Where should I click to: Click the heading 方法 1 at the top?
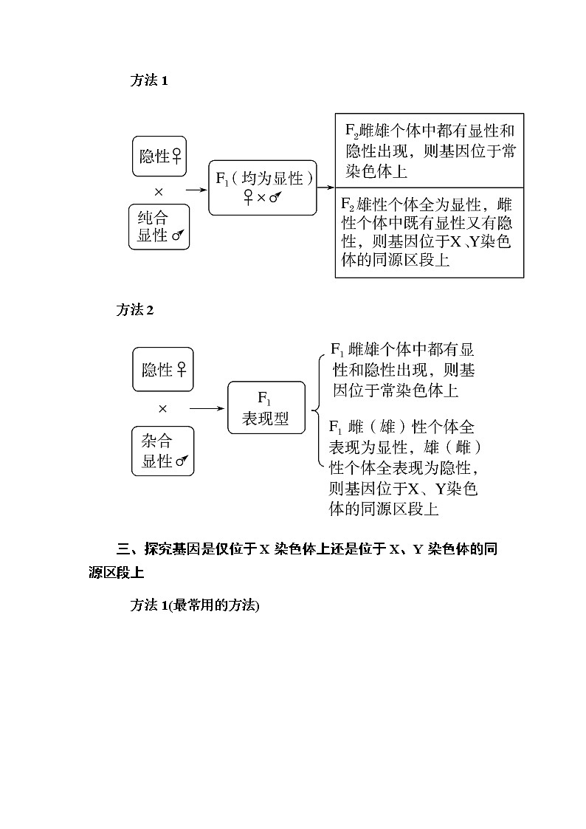coord(149,81)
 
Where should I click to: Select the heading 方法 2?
coord(135,310)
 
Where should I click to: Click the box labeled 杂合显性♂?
coord(163,451)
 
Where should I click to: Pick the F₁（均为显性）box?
coord(262,188)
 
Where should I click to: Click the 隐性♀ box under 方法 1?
coord(159,156)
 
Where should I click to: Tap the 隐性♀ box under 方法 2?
coord(163,369)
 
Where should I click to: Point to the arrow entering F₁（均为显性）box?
coord(196,190)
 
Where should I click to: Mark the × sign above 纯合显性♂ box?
coord(159,191)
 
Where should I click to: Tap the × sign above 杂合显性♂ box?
coord(163,408)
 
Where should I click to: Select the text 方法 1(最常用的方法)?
coord(195,605)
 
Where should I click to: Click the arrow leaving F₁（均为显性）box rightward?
coord(326,188)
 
